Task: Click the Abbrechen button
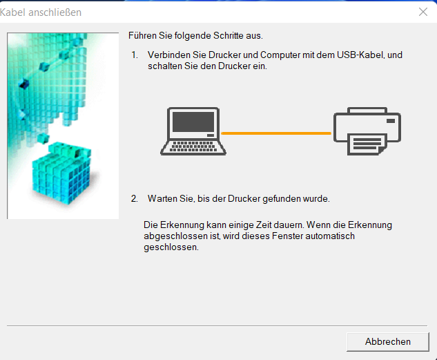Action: point(388,341)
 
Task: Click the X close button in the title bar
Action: point(423,12)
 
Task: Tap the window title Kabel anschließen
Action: point(41,12)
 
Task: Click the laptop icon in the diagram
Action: point(193,131)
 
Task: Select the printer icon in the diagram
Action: point(367,131)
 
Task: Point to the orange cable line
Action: point(276,133)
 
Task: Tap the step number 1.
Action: point(135,55)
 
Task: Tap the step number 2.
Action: point(135,198)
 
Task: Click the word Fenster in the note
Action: point(287,236)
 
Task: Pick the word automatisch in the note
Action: point(330,236)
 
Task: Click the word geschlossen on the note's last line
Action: point(171,247)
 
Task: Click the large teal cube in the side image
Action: point(62,172)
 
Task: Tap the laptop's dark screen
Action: point(193,122)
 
